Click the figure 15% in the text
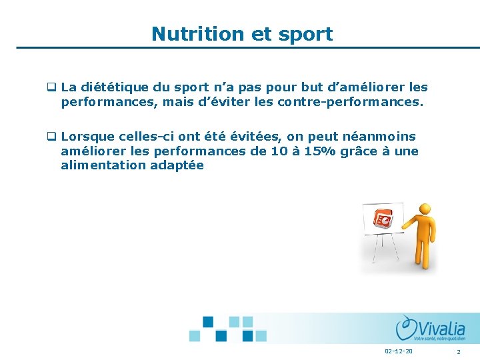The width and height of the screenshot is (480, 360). click(321, 151)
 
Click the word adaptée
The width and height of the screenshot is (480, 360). click(179, 166)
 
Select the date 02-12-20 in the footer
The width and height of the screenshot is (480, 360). click(399, 351)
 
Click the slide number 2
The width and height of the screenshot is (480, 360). click(459, 351)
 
